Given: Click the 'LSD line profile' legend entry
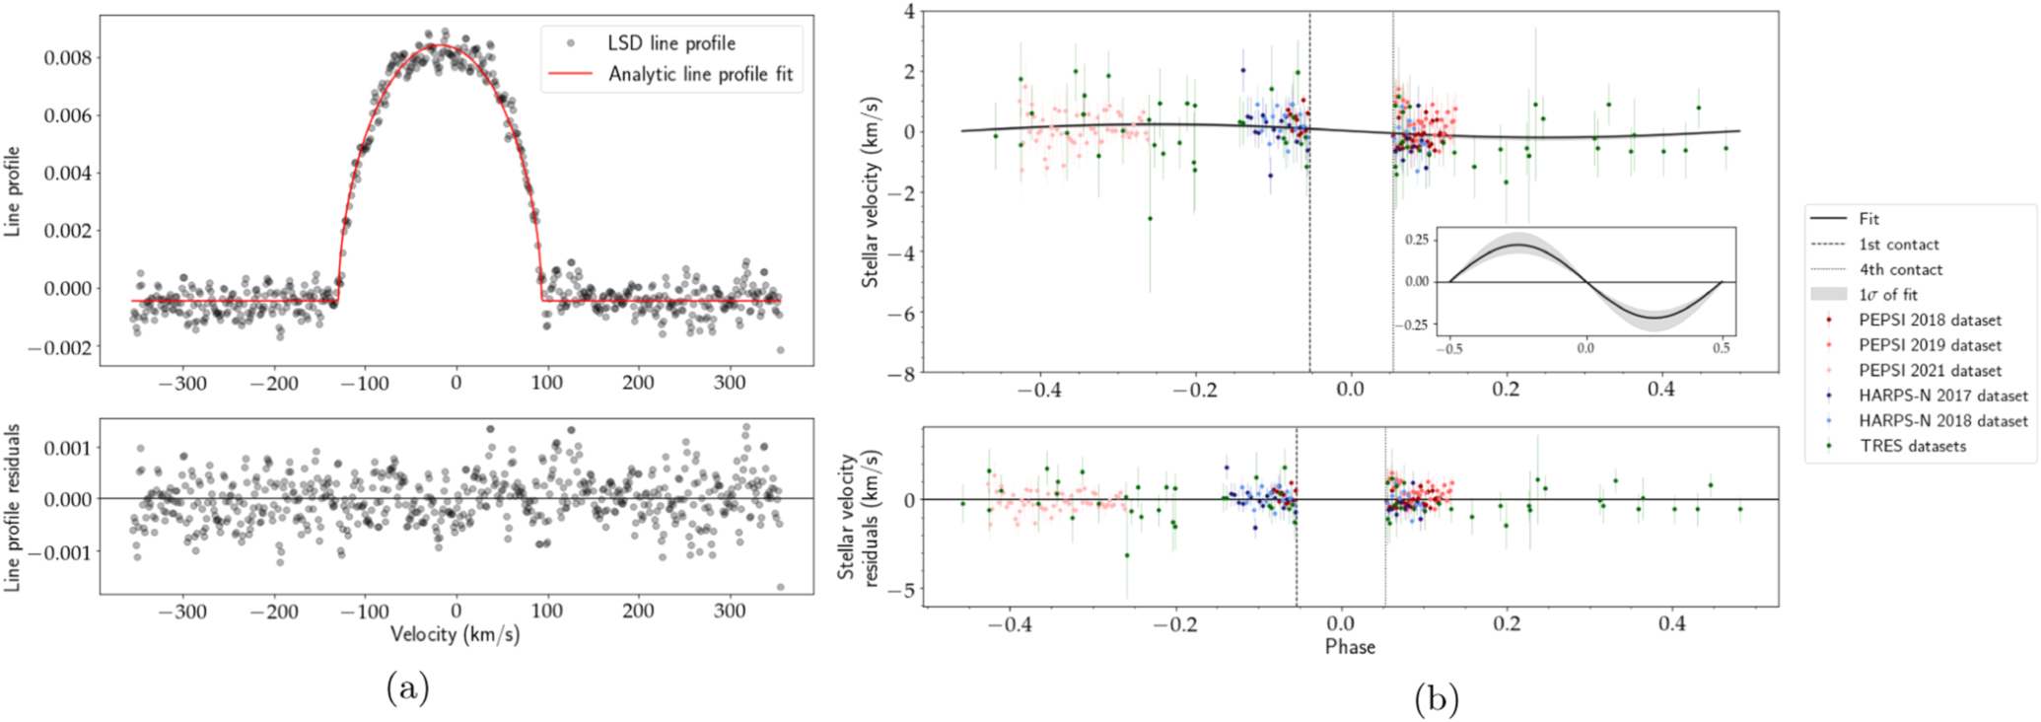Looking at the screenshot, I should (x=670, y=43).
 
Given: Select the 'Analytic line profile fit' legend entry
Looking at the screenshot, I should (x=700, y=74).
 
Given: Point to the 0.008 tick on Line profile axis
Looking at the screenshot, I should (x=68, y=58).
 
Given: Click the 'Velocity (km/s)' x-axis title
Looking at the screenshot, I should (x=455, y=634).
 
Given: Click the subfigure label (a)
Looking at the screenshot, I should (x=408, y=687).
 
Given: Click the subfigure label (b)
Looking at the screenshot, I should (x=1437, y=699).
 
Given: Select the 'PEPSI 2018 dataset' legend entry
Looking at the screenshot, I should (x=1930, y=321).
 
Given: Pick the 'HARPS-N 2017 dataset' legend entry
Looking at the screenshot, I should (x=1942, y=396).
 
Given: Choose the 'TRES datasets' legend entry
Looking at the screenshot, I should (x=1912, y=446).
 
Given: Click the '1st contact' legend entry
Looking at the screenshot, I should (x=1898, y=245).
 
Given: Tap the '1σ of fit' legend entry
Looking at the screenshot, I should (x=1887, y=295).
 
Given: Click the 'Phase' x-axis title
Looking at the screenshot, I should (x=1350, y=647).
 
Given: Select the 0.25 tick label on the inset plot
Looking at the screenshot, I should (x=1416, y=240).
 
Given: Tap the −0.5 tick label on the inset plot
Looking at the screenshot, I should (x=1449, y=348).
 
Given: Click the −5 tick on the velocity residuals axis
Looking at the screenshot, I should (x=903, y=590).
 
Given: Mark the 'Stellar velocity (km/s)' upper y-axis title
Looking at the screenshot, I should (x=871, y=192).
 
